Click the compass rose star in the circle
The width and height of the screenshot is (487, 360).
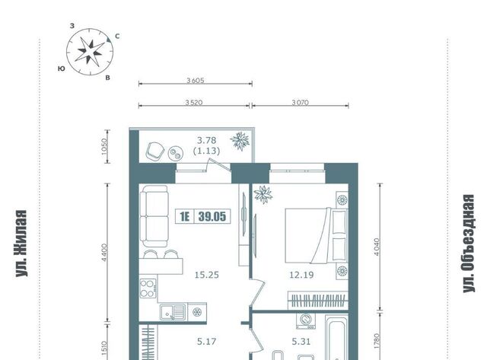90,51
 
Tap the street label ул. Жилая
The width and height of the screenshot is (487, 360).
21,244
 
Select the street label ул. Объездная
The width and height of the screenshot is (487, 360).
469,244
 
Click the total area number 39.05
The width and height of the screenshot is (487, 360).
212,216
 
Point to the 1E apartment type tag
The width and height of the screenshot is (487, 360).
184,216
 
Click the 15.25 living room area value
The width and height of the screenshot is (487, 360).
206,275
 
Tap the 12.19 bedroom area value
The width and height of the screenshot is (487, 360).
301,275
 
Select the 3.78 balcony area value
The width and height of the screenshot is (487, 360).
206,140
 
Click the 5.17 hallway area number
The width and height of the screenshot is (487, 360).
206,342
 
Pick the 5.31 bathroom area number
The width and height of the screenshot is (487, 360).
301,342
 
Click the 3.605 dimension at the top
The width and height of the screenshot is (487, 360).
196,81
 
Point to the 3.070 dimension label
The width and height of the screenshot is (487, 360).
300,102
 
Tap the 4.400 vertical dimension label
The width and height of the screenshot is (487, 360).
104,253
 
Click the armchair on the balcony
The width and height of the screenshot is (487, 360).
154,151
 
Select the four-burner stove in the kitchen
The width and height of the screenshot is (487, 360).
148,288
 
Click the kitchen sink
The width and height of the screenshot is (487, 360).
173,312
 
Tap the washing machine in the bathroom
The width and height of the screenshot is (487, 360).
306,321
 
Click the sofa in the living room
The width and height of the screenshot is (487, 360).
154,216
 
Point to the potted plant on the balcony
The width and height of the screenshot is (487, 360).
240,141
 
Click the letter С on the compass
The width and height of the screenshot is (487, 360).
117,37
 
